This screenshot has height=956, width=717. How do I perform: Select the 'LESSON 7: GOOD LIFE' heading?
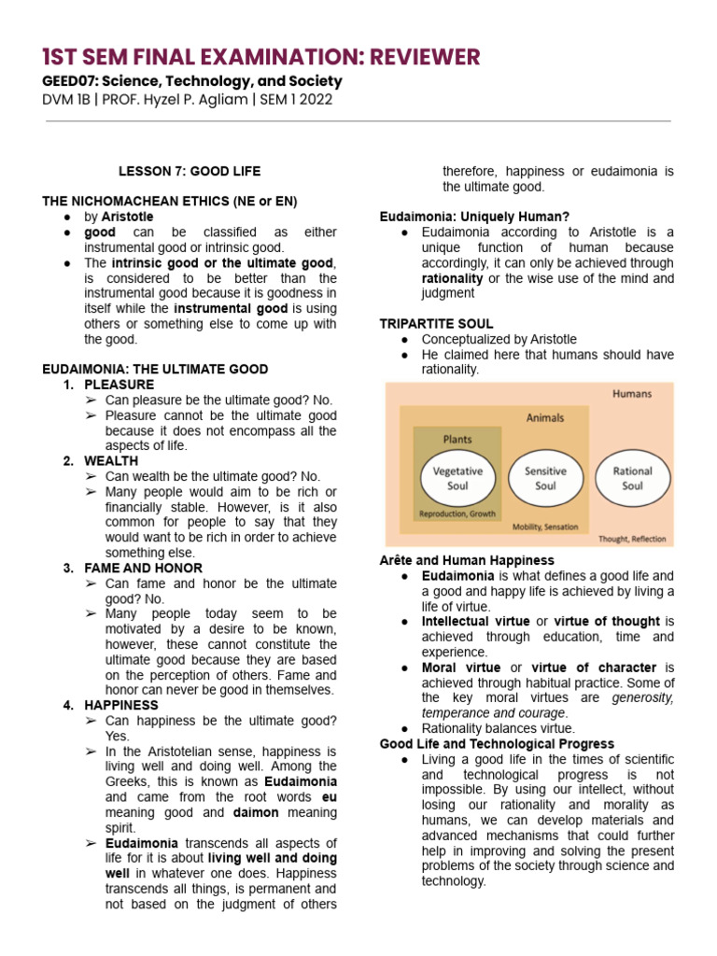point(189,172)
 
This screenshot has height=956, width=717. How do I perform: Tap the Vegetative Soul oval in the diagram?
point(457,478)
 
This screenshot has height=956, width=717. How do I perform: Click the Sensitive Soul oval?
point(545,478)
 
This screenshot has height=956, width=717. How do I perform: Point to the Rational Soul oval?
point(632,478)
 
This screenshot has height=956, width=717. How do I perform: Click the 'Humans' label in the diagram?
point(632,394)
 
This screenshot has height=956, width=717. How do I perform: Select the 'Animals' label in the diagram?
point(545,418)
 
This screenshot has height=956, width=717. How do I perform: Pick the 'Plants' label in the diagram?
point(457,438)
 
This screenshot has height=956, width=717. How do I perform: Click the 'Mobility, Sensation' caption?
point(546,527)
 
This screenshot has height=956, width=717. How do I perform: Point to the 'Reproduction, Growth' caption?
point(457,513)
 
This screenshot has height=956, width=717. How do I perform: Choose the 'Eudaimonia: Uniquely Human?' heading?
point(474,217)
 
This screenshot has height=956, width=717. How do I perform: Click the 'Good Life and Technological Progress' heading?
point(497,744)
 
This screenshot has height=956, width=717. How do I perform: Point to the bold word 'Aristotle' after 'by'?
point(127,217)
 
